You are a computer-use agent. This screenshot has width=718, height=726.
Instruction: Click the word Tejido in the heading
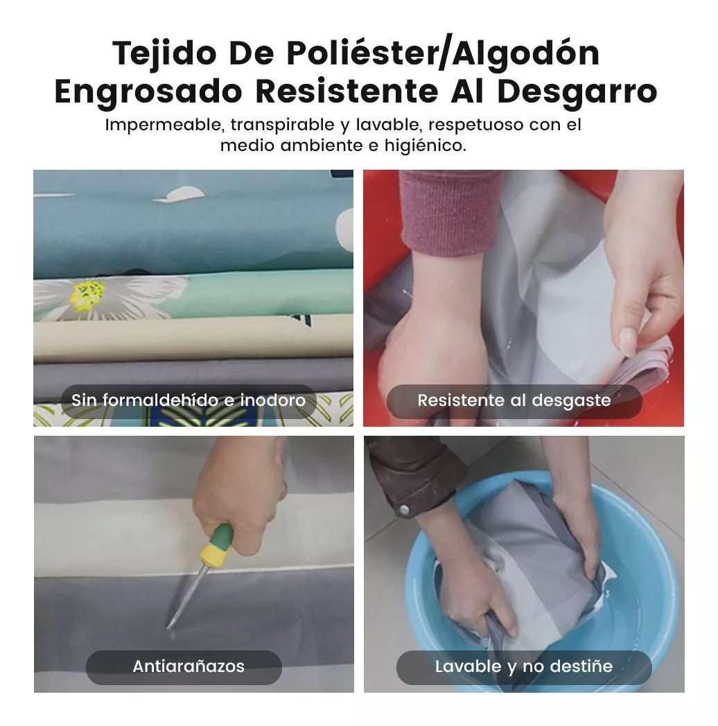[164, 54]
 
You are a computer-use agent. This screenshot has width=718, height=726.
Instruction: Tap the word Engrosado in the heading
[148, 92]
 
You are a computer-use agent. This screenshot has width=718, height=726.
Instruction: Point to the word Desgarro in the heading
[577, 92]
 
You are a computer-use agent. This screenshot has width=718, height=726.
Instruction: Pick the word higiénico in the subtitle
[426, 146]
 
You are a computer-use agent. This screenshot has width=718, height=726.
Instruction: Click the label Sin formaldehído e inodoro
[189, 400]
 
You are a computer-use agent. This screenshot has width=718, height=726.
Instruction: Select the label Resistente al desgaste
[514, 400]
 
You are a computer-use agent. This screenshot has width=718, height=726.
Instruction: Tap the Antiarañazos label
[189, 666]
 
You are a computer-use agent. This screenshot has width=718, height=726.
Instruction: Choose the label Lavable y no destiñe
[524, 666]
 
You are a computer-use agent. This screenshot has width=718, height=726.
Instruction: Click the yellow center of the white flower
[87, 294]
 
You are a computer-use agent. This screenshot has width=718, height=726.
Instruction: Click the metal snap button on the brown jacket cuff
[404, 510]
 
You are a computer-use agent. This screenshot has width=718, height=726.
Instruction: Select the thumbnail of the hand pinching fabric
[523, 298]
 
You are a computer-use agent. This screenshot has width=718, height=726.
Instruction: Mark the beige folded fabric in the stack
[193, 339]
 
